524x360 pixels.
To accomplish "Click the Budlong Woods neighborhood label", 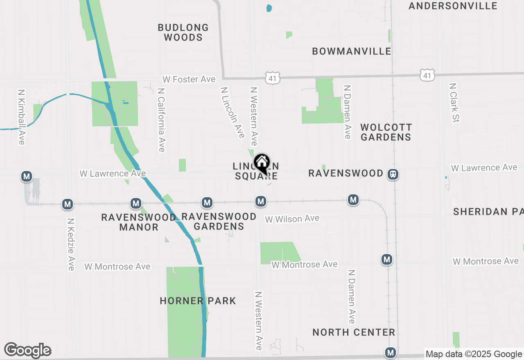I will (x=183, y=33).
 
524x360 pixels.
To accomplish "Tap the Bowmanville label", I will (x=352, y=51).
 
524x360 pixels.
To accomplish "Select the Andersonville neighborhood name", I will (x=453, y=6).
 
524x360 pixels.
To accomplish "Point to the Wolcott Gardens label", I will (x=386, y=132).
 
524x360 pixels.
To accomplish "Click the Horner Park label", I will (x=198, y=301).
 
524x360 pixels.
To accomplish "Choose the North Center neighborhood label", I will (x=354, y=332).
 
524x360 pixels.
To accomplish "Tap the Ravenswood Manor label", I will (x=139, y=222).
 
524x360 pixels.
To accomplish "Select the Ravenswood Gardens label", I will (x=219, y=221).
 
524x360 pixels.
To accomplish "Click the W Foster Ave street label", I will (x=189, y=79).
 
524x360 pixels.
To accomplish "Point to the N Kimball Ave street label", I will (x=21, y=117).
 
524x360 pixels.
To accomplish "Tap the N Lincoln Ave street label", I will (x=233, y=112).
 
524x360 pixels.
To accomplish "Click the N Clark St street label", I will (x=455, y=103).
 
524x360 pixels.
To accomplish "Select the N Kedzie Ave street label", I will (x=71, y=244).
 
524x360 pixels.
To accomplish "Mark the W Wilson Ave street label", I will (x=292, y=219).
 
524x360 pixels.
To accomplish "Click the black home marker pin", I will (x=262, y=164).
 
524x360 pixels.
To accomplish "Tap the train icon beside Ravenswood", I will (x=393, y=174).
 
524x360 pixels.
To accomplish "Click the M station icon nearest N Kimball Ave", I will (x=27, y=177).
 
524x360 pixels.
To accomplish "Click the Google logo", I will (x=27, y=350).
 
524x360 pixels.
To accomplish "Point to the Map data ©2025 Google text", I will (x=474, y=354).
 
